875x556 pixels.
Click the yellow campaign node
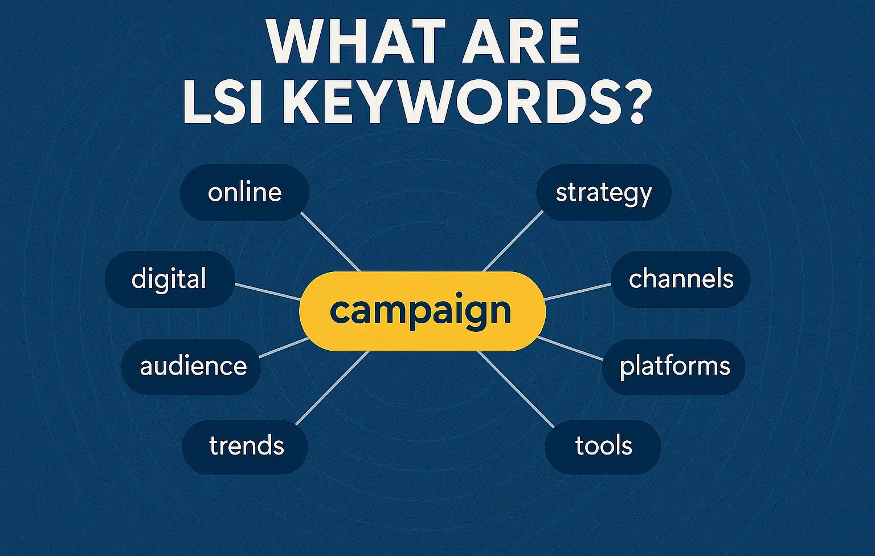[422, 311]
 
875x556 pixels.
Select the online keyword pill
[244, 193]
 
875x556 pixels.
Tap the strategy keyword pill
[603, 193]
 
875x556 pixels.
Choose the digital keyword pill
[169, 279]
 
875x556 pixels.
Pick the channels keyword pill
[680, 279]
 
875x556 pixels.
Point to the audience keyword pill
[191, 367]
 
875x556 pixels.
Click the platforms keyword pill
[673, 367]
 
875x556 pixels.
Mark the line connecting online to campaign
[330, 242]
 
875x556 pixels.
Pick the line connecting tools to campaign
[516, 389]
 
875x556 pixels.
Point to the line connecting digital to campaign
[268, 291]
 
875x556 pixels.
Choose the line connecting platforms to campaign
[570, 348]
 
